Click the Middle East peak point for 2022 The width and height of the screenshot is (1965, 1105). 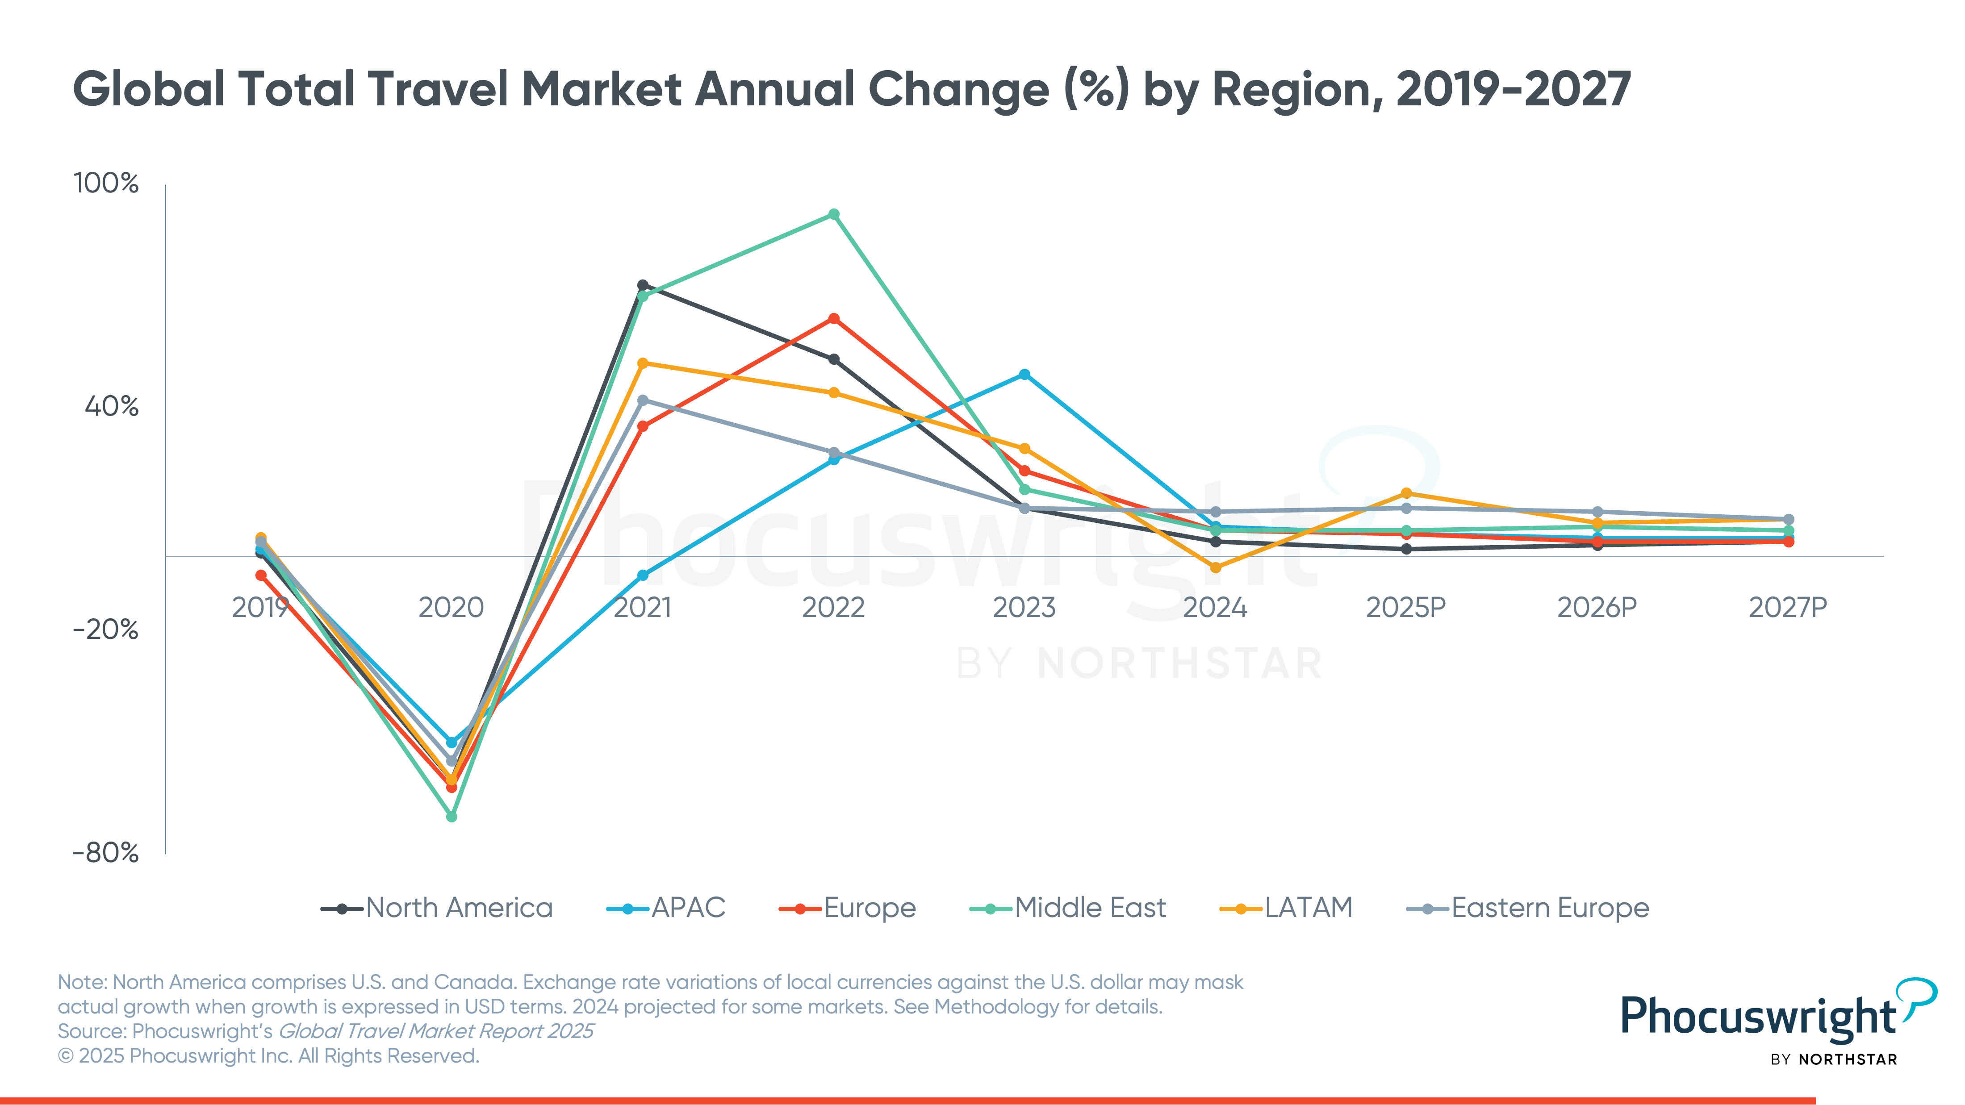pos(834,214)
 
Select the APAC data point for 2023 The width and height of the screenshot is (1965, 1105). pos(1024,375)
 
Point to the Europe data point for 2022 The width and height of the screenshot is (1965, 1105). pos(834,319)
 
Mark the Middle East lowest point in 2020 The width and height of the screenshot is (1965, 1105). pos(452,817)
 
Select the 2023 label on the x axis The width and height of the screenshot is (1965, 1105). pos(1024,608)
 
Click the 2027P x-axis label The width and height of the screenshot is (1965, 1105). pos(1787,608)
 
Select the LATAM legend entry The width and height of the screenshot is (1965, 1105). pos(1287,908)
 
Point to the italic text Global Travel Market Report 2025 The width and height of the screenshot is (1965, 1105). pos(435,1031)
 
